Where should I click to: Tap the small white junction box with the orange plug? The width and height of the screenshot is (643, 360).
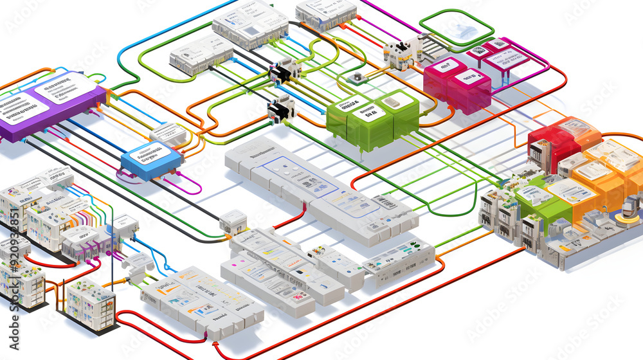point(233,221)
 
